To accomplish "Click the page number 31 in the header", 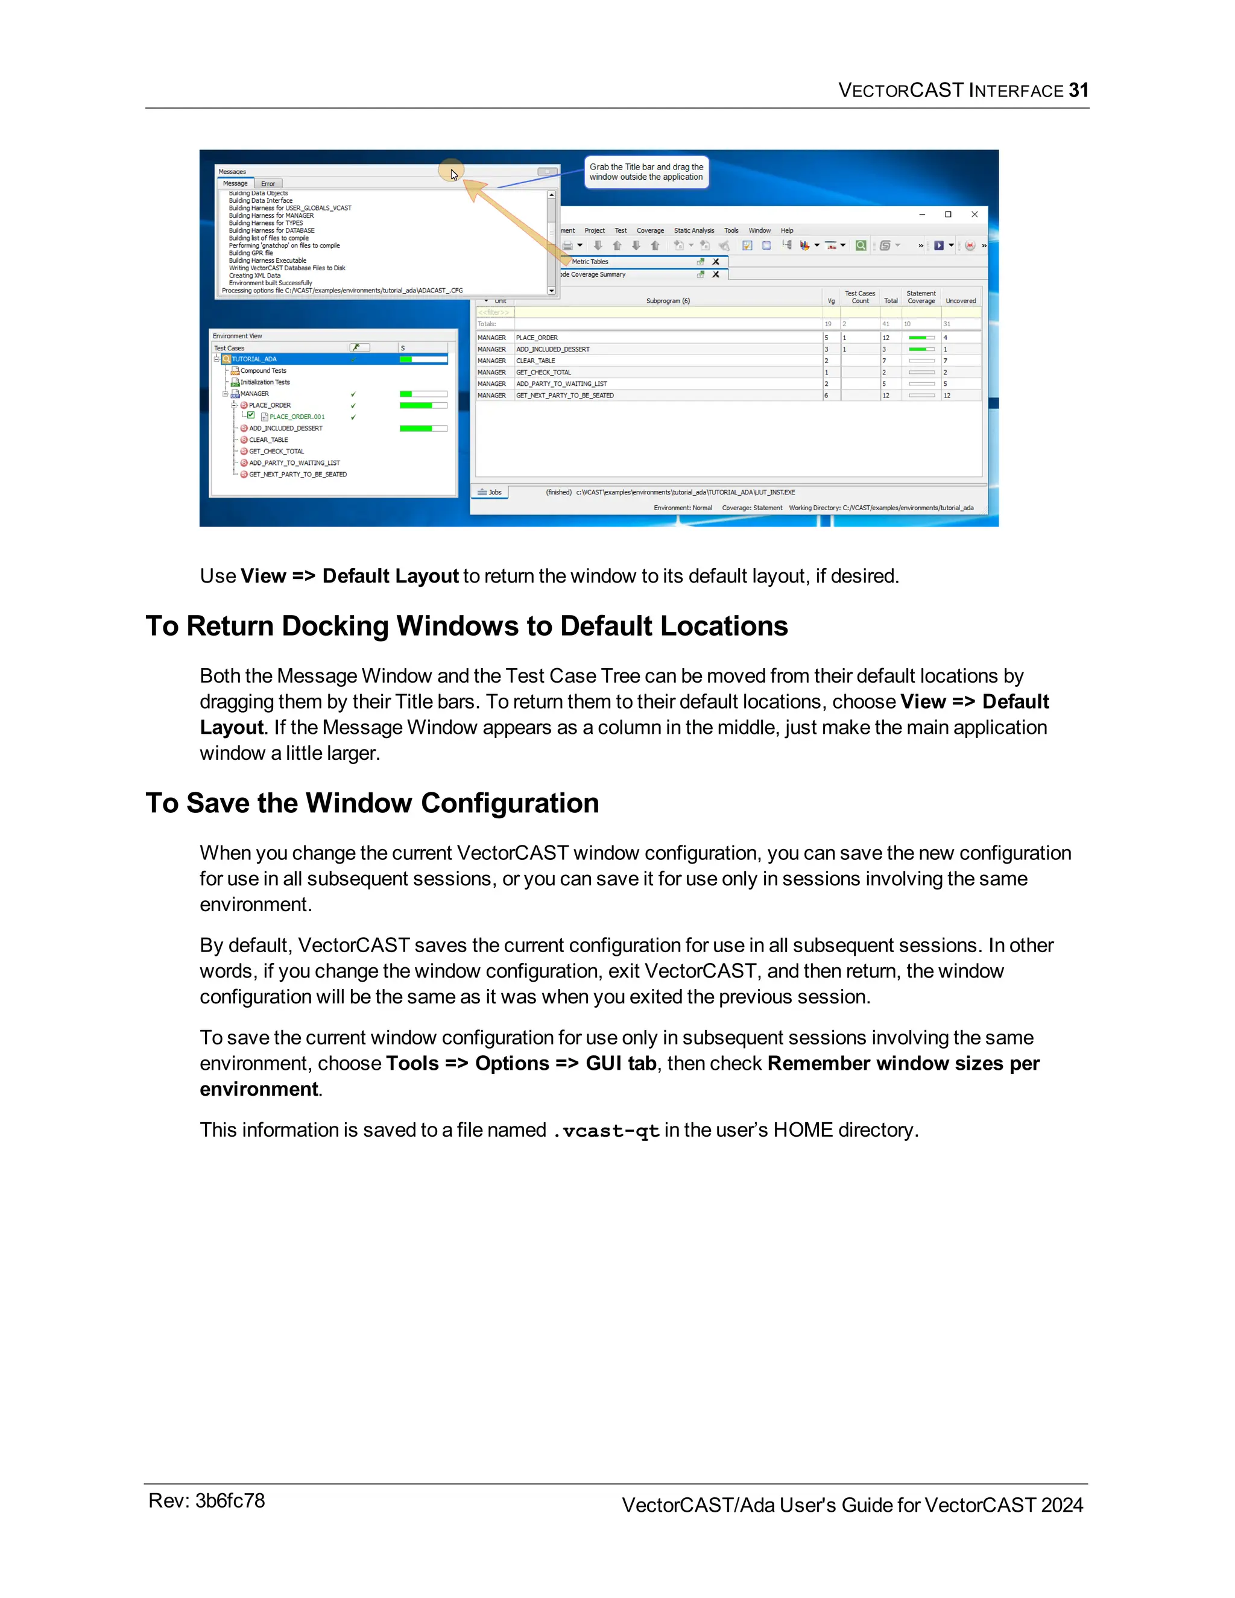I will [1078, 90].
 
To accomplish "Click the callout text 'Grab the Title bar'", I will [646, 168].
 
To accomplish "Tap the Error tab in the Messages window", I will [268, 185].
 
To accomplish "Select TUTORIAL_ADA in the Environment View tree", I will [254, 359].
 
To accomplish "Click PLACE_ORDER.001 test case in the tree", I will [296, 417].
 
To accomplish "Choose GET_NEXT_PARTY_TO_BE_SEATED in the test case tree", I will [297, 475].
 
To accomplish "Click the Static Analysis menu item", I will [693, 230].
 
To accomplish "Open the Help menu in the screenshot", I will [786, 230].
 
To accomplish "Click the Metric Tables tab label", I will [590, 262].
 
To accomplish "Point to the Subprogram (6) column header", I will [668, 301].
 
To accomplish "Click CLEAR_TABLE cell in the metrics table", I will [535, 361].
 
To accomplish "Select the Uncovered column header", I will [960, 301].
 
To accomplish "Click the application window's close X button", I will [974, 215].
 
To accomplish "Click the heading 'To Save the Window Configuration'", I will [371, 803].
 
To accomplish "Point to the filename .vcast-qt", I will [606, 1131].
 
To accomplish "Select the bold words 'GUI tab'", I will [621, 1063].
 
